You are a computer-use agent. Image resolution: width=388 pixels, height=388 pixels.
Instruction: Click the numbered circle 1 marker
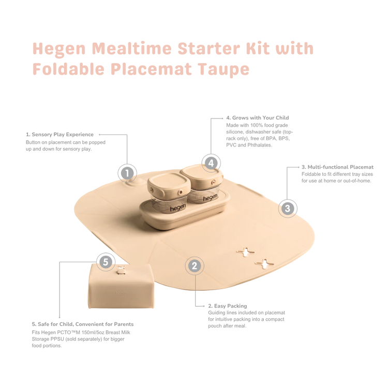(127, 173)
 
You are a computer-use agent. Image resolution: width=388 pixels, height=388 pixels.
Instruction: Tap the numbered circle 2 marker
(195, 266)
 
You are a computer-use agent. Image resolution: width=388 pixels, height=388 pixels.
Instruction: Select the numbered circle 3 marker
(288, 208)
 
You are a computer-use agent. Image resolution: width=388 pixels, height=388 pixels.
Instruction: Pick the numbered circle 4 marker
(211, 163)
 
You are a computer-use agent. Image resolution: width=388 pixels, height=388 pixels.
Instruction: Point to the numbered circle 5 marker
(106, 262)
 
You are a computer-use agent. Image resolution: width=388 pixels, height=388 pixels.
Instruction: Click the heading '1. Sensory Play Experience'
(59, 135)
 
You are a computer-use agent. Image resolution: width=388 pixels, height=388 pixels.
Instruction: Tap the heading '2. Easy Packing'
(228, 306)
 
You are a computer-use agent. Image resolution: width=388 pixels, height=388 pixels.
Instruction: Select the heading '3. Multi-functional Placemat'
(337, 167)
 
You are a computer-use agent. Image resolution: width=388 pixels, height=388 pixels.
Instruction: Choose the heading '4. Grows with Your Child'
(257, 118)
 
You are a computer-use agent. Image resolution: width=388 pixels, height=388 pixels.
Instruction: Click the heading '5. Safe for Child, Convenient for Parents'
(83, 324)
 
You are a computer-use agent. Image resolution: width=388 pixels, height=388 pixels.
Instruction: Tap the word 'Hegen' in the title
(59, 49)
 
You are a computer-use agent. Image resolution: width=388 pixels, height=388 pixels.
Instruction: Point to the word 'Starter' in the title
(209, 48)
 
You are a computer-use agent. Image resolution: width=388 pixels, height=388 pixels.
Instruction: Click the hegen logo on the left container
(177, 208)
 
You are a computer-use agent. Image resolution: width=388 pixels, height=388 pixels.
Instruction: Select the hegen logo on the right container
(210, 198)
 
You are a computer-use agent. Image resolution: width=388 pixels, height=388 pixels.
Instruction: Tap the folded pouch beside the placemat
(121, 286)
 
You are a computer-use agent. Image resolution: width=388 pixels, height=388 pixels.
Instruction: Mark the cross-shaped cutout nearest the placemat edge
(264, 264)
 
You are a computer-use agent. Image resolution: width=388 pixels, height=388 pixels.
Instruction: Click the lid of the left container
(169, 183)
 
